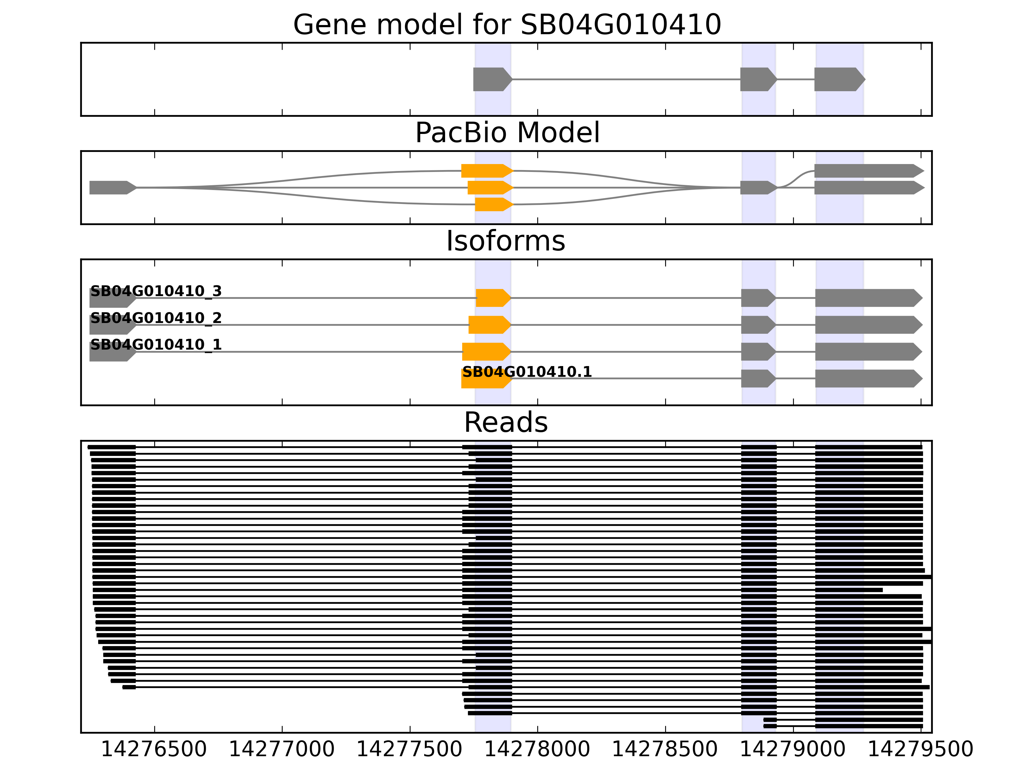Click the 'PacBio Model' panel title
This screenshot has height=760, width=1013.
pos(507,133)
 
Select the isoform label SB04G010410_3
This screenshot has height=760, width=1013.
pos(156,291)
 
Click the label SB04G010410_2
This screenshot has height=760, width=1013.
pos(156,318)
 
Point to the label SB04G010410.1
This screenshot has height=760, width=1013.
pos(527,371)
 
